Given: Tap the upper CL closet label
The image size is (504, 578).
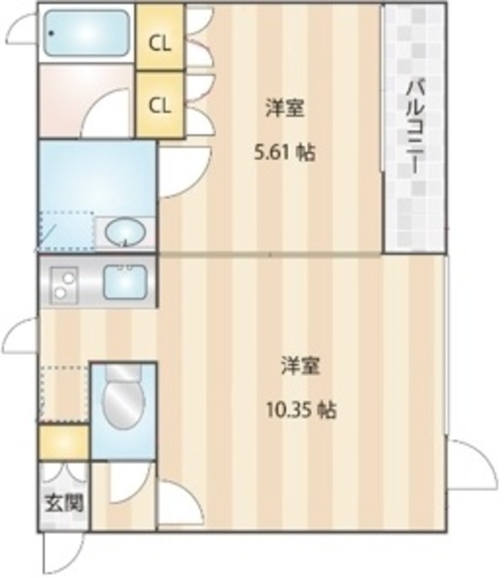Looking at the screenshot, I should pos(159,42).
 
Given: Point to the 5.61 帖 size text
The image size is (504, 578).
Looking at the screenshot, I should pos(284,153).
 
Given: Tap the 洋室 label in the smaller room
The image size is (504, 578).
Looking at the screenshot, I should pos(284,109).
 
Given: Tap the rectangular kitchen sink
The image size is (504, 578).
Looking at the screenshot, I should pos(126,283).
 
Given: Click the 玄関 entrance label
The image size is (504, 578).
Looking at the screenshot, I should pos(62,502).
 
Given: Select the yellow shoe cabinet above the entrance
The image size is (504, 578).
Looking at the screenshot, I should pos(63,442).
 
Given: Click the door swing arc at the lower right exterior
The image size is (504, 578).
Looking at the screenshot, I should pos(471,462).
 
